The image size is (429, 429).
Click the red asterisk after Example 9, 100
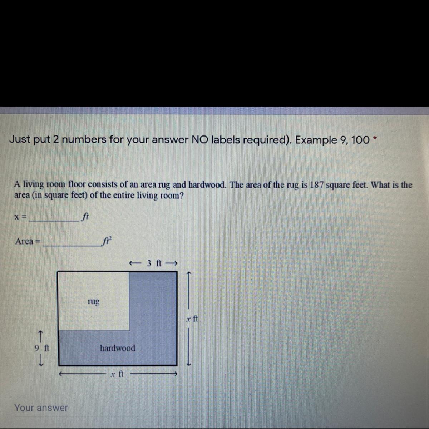pos(375,139)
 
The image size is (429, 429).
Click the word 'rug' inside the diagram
pos(94,302)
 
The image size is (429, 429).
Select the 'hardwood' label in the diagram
pos(118,348)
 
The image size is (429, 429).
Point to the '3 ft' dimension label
pos(154,263)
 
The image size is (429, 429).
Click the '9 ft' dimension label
pos(42,348)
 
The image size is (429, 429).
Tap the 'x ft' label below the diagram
pos(117,374)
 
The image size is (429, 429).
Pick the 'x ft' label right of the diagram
pos(192,319)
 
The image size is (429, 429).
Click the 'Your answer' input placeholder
pos(41,408)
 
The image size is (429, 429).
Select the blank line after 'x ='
pos(54,221)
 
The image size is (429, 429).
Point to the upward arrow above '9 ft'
pos(40,336)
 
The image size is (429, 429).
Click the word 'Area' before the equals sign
pos(24,241)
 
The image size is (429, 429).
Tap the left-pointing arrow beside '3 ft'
pos(135,263)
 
